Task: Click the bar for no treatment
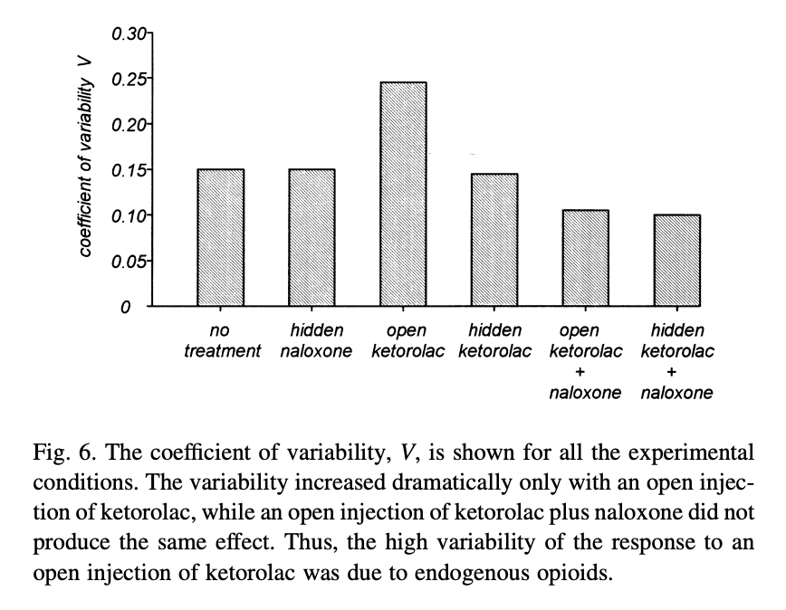[x=221, y=237]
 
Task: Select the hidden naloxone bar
[x=312, y=237]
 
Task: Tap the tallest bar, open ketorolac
[x=404, y=194]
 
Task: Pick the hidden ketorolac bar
[x=494, y=240]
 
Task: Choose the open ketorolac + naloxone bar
[x=586, y=258]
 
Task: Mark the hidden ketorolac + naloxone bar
[x=677, y=260]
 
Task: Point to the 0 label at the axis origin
[x=128, y=308]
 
